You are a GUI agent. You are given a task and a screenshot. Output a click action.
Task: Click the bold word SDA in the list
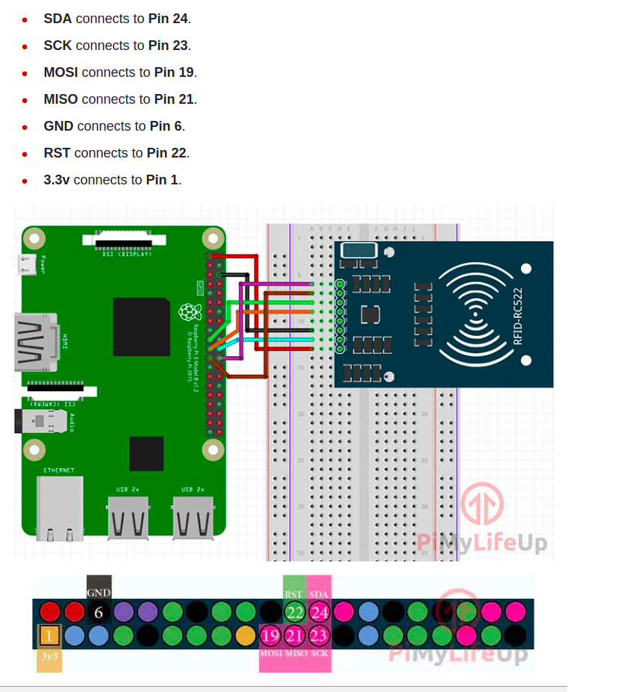(57, 19)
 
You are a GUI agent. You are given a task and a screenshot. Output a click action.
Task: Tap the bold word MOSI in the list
(61, 72)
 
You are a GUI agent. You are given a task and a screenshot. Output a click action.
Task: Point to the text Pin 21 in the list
(174, 99)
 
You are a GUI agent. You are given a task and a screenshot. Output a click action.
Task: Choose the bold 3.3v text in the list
(57, 180)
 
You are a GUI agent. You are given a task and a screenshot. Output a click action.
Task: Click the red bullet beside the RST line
(25, 154)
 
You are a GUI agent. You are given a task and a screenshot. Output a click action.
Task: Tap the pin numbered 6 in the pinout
(99, 613)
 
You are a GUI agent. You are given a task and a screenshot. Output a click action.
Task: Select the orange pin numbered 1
(49, 637)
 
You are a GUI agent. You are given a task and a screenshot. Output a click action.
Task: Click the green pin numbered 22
(295, 613)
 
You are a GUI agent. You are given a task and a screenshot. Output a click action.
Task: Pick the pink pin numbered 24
(319, 613)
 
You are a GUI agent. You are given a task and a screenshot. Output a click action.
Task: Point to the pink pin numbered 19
(270, 637)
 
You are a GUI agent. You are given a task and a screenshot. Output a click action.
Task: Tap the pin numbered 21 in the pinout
(295, 637)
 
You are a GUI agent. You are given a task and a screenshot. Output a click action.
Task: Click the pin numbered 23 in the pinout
(319, 637)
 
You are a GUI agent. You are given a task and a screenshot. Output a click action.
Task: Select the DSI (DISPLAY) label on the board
(127, 255)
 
